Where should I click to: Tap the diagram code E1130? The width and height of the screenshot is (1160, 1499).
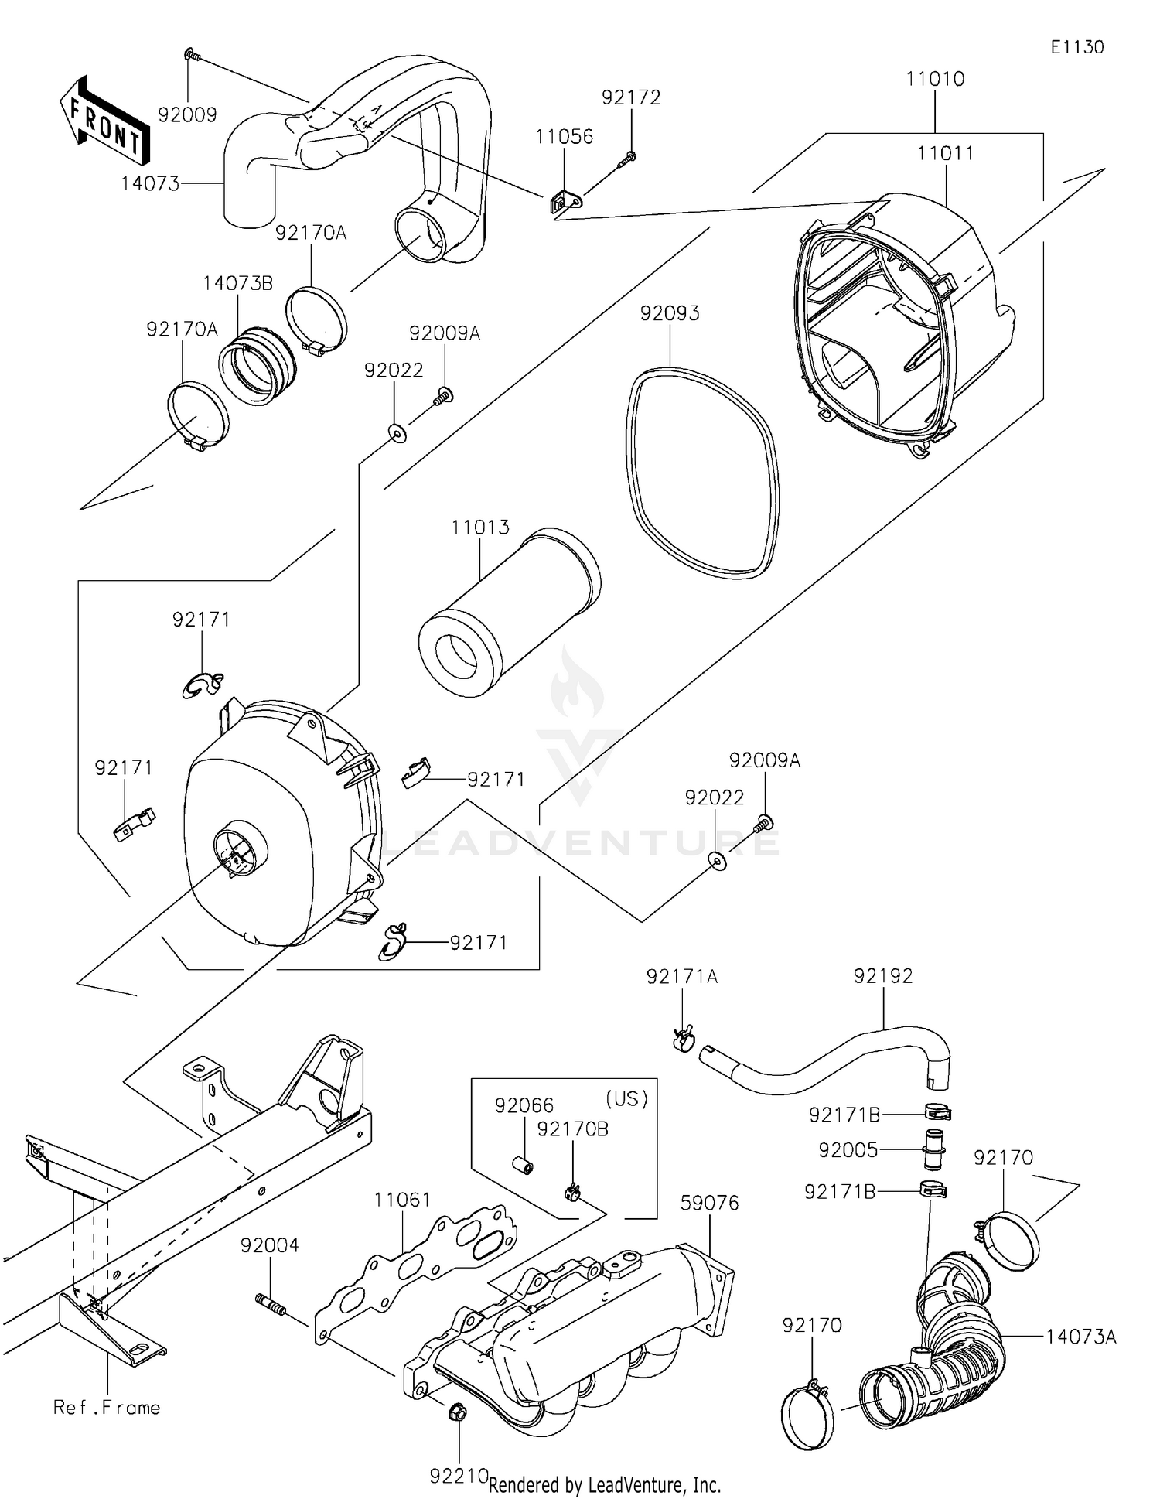[x=1076, y=47]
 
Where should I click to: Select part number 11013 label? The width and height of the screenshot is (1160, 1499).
[x=480, y=528]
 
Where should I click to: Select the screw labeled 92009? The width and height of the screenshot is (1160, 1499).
[x=191, y=55]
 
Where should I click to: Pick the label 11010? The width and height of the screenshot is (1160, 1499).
[x=935, y=79]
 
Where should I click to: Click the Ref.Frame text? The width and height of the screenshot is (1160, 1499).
[x=107, y=1407]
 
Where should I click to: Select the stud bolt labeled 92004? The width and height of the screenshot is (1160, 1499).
[x=271, y=1307]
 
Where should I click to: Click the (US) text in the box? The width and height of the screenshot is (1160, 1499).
[x=626, y=1098]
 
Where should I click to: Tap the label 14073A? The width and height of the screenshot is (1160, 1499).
[x=1081, y=1337]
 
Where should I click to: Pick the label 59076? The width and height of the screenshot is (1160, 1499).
[x=709, y=1203]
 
